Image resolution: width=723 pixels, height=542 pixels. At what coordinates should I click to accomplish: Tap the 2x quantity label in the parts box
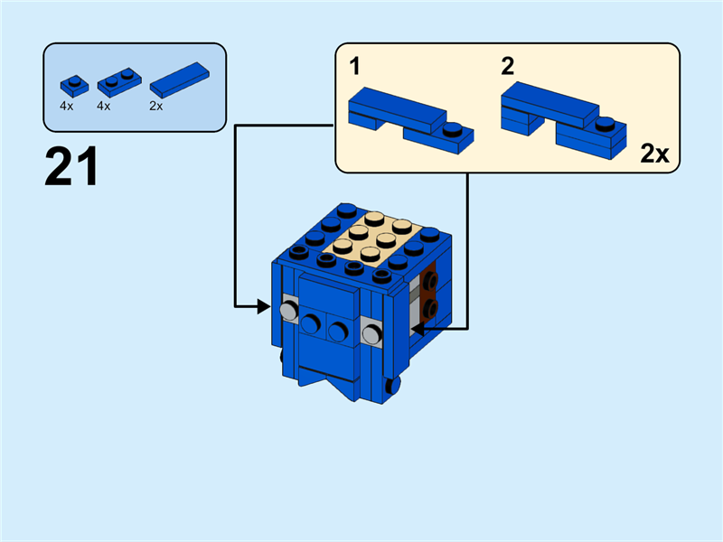click(x=155, y=106)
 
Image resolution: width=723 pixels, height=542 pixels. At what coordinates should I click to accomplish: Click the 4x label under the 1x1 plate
click(x=67, y=106)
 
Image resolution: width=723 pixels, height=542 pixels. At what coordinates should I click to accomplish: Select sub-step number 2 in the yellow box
click(x=507, y=65)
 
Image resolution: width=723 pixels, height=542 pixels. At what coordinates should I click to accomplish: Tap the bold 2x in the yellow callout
click(x=654, y=154)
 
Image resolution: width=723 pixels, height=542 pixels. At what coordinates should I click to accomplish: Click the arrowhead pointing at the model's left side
click(x=264, y=307)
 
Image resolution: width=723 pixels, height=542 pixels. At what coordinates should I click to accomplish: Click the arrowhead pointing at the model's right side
click(x=418, y=329)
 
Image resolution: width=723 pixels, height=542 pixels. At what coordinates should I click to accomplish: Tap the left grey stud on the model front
click(x=289, y=311)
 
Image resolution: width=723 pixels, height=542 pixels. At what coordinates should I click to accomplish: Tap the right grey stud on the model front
click(x=371, y=334)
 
